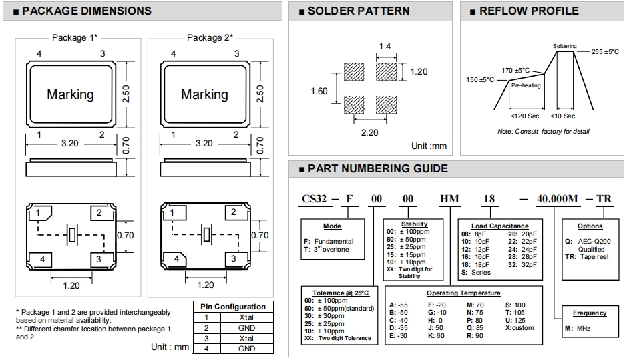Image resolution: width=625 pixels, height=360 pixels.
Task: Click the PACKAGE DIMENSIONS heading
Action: click(86, 11)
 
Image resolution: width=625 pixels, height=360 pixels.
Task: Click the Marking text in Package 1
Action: click(70, 94)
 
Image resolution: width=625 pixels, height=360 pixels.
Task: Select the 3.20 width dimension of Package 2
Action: click(204, 143)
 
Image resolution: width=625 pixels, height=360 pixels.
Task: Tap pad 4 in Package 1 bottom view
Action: click(41, 259)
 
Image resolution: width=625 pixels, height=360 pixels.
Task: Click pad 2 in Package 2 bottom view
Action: click(233, 212)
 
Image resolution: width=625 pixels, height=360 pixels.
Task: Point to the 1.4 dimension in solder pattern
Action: click(385, 46)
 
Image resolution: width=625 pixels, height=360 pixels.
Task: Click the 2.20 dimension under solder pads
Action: click(369, 132)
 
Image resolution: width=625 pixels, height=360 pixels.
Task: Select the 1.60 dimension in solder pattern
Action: click(319, 91)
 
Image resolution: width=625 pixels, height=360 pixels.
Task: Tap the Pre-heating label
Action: click(526, 85)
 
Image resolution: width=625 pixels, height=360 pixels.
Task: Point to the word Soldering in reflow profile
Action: click(564, 46)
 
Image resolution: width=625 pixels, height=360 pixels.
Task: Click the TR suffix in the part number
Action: click(603, 199)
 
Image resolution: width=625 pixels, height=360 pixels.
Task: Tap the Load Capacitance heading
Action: click(499, 226)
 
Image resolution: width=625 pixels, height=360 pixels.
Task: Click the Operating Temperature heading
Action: click(463, 293)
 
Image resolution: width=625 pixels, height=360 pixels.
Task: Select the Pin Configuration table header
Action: click(233, 307)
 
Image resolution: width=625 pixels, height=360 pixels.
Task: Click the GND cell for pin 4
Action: click(246, 349)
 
